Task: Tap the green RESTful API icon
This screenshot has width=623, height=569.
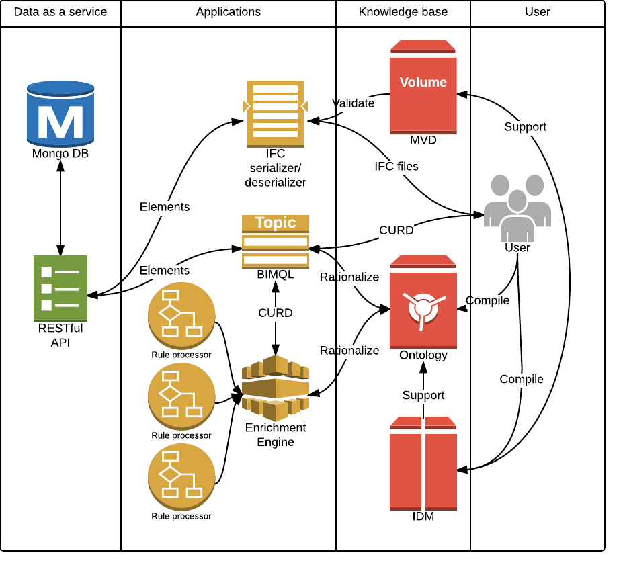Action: [x=60, y=288]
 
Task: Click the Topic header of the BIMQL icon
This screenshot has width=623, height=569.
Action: [x=276, y=223]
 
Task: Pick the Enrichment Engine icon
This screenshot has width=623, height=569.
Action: [x=276, y=388]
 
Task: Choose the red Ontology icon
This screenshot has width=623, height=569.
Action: [x=423, y=302]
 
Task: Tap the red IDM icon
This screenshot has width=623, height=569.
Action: [x=423, y=464]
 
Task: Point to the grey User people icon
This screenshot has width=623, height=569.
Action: [x=517, y=207]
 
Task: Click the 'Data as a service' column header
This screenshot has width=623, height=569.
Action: [x=60, y=12]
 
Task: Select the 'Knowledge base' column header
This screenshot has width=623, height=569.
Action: [x=403, y=12]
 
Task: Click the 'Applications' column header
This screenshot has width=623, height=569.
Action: [x=229, y=12]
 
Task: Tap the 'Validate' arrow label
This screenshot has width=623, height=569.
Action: [x=354, y=103]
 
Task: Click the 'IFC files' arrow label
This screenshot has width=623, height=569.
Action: [x=397, y=166]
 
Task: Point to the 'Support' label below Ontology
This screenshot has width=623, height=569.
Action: [x=423, y=395]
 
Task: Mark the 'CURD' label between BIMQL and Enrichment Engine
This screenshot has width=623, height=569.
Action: [x=276, y=313]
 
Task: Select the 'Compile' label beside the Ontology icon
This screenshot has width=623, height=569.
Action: [x=488, y=300]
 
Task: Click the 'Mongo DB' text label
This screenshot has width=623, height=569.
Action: [x=60, y=154]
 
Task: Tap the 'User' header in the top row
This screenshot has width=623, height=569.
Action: [x=537, y=12]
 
